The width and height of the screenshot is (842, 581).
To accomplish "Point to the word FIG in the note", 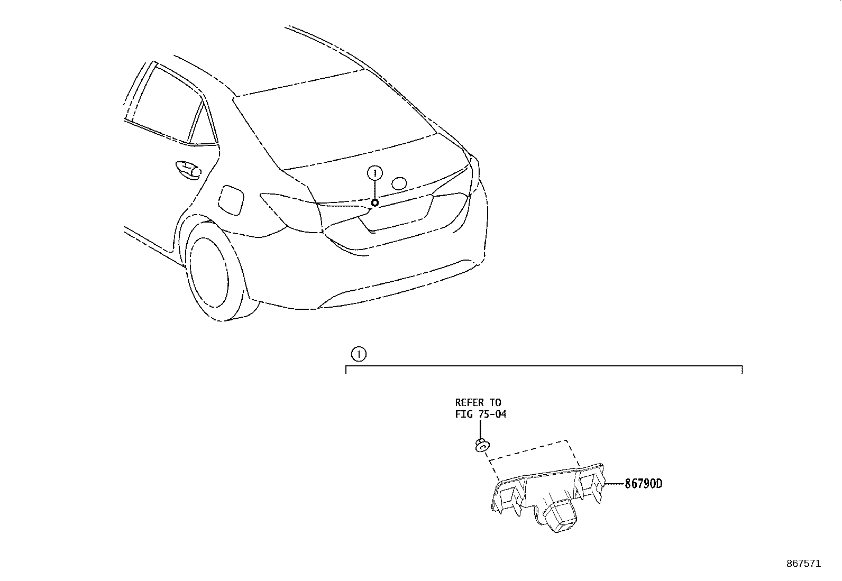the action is [x=463, y=414].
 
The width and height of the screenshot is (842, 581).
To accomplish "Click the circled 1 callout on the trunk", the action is [x=374, y=173].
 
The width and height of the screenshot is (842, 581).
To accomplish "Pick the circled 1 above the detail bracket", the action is [x=359, y=354].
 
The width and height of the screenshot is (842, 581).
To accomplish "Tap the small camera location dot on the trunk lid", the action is [x=374, y=203].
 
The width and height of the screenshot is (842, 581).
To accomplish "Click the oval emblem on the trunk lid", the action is [x=399, y=183].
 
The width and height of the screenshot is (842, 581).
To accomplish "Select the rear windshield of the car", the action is [x=333, y=122].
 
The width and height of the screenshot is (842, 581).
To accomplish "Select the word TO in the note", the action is [x=495, y=403].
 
